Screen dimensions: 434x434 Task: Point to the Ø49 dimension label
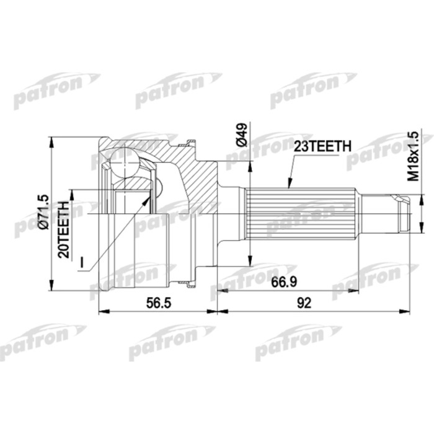coord(242,136)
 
